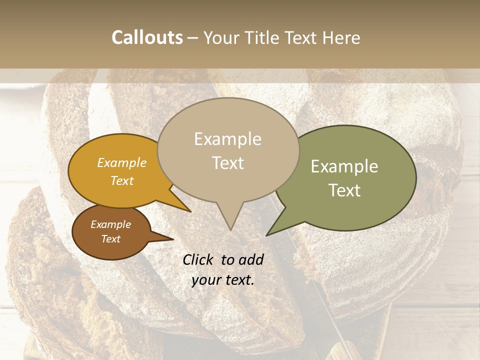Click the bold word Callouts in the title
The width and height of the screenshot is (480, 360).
147,37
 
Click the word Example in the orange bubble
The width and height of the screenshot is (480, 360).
121,162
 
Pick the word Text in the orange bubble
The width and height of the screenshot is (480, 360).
121,180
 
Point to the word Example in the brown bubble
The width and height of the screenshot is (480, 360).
110,224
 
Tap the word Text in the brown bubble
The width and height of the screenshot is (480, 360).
110,239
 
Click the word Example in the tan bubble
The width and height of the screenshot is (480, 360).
227,139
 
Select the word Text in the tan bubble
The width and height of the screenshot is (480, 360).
227,162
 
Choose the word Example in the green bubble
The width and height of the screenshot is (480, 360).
344,166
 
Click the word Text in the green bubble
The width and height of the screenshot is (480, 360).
344,190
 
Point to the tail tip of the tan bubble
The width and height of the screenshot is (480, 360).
230,229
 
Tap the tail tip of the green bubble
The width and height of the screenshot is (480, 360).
267,235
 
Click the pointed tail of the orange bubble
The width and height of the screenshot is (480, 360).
189,210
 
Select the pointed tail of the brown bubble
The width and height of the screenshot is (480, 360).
172,238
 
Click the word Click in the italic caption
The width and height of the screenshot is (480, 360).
198,259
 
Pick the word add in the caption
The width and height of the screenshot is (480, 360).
251,259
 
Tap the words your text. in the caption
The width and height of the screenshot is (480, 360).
222,279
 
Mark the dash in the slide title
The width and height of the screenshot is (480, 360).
193,37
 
